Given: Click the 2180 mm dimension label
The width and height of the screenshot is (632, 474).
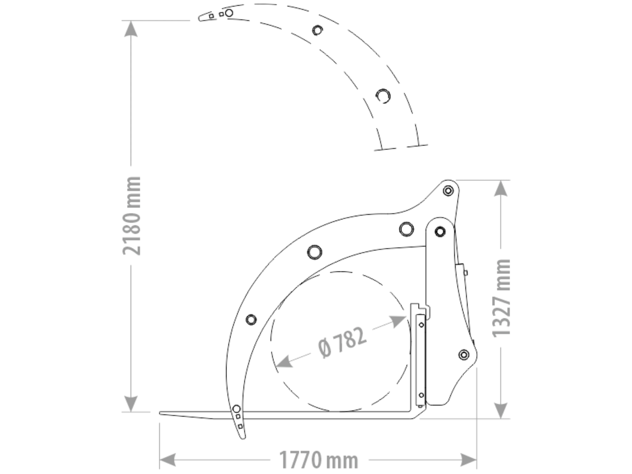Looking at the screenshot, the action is coord(132,216).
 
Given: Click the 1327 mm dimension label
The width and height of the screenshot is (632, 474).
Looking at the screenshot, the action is coord(501,298).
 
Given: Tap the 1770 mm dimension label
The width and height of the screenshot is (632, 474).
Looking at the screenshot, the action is coord(319,460).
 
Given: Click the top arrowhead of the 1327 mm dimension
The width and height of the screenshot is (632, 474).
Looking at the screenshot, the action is coord(501,188).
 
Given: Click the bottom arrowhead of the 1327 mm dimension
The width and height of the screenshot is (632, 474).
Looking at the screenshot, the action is coord(501,410).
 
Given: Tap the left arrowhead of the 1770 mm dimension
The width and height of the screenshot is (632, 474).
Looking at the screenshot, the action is coord(168,460).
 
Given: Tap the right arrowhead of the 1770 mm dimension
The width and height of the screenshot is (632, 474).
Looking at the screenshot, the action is coord(469,460).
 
